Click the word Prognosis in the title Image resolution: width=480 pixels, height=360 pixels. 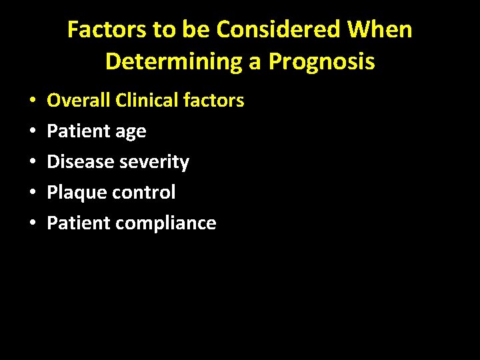pyautogui.click(x=321, y=62)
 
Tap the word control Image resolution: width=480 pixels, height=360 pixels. pyautogui.click(x=145, y=193)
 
